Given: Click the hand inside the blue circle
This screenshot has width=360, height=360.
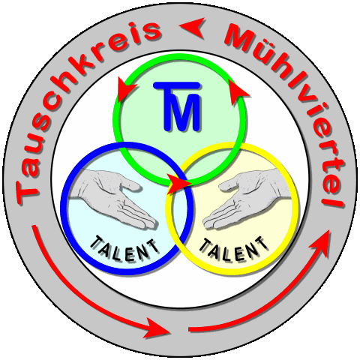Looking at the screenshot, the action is tap(112, 197).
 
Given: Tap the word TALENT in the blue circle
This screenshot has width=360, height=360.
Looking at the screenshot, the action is tap(124, 249).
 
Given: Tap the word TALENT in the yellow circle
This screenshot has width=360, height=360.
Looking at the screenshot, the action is tap(234, 249).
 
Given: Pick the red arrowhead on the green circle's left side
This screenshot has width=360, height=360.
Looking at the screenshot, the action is tap(125, 89).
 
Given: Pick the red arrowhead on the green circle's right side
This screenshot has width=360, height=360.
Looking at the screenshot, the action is tap(238, 92).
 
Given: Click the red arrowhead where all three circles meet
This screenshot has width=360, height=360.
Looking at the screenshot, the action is tap(178, 184).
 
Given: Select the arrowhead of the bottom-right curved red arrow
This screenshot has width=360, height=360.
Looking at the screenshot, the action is tap(321, 244).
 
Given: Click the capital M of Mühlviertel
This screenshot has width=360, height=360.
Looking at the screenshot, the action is tap(239, 37).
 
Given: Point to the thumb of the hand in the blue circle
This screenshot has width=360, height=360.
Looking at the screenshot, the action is tap(130, 185).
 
